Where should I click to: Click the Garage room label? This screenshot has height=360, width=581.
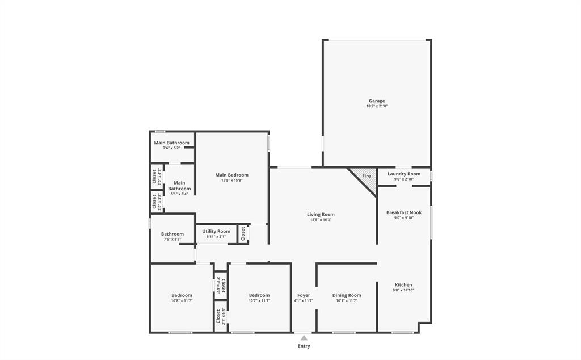[x=377, y=101]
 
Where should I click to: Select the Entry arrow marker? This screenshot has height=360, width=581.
[x=304, y=338]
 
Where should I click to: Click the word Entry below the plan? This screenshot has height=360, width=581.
[x=304, y=346]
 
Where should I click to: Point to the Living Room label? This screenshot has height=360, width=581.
[x=321, y=214]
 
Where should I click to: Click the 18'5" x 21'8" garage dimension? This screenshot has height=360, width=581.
[x=377, y=106]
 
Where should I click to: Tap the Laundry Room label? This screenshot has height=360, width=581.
[x=404, y=174]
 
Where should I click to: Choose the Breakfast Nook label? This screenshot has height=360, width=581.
[x=404, y=212]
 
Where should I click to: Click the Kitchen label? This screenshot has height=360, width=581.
[x=403, y=285]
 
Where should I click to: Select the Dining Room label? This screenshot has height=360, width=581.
[x=346, y=295]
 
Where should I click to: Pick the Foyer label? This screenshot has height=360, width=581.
[x=304, y=295]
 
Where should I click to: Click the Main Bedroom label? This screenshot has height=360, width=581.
[x=231, y=175]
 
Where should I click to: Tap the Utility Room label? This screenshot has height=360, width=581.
[x=216, y=231]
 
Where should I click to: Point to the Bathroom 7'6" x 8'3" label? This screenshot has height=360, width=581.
[x=172, y=234]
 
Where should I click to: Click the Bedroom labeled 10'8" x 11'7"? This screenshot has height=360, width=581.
[x=182, y=295]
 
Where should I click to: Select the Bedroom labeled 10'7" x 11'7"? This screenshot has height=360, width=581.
[x=259, y=295]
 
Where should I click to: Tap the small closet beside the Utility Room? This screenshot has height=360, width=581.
[x=243, y=233]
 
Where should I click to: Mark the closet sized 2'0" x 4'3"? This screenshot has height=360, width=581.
[x=154, y=177]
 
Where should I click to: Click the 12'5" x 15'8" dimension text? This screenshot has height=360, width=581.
[x=231, y=181]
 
